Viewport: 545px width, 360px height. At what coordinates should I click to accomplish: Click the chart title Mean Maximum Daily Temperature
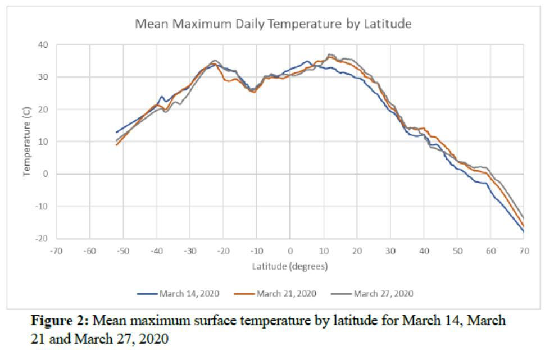pos(272,24)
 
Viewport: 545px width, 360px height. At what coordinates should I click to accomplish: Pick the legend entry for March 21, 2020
pos(286,294)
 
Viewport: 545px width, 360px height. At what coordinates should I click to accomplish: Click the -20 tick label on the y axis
pos(42,239)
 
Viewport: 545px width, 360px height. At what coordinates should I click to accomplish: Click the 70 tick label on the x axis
pos(524,250)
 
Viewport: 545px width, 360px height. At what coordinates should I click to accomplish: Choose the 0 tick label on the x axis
pos(290,250)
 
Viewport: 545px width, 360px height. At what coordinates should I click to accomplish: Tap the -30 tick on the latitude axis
pos(190,250)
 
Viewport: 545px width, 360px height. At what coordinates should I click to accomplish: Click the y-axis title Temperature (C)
pos(26,142)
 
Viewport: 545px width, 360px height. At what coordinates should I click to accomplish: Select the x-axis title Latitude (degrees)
pos(289,266)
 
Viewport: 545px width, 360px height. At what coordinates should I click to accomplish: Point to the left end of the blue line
pos(117,133)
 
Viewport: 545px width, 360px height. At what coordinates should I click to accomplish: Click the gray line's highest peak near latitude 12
pos(330,54)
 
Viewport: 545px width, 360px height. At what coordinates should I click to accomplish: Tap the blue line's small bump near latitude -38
pos(162,97)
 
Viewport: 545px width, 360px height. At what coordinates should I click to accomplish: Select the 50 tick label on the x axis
pos(457,250)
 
